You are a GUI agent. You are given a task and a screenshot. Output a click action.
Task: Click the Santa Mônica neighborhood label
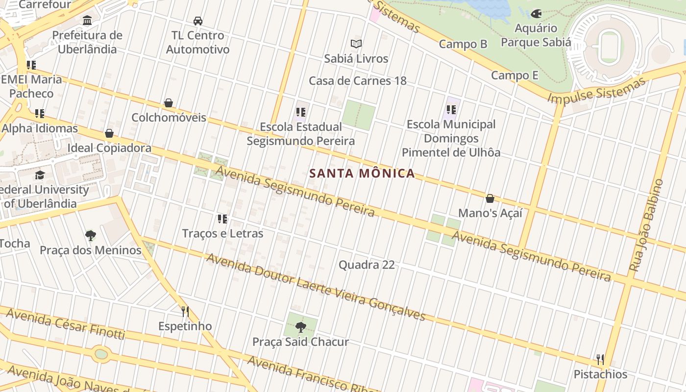[x=362, y=173]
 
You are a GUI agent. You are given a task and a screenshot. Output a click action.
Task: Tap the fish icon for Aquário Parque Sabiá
[x=536, y=14]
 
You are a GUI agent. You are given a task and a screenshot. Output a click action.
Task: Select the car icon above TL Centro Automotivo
[x=197, y=21]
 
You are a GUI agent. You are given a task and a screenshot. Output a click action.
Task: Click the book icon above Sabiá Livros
[x=356, y=44]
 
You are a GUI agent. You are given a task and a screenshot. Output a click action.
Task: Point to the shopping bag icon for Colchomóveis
[x=168, y=103]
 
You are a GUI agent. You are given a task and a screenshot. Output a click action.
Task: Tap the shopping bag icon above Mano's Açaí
[x=490, y=198]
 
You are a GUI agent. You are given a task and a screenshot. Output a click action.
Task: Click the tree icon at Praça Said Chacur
[x=300, y=327]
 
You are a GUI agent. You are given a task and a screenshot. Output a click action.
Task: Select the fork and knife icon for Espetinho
[x=185, y=312]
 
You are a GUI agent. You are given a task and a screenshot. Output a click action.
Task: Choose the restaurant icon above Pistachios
[x=600, y=360]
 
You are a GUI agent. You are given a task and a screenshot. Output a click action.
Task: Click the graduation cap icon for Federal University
[x=40, y=175]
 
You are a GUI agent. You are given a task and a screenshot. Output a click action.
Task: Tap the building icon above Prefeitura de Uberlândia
[x=87, y=21]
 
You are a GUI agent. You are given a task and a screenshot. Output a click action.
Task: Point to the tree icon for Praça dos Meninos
[x=90, y=236]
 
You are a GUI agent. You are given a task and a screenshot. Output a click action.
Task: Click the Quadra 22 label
[x=367, y=265]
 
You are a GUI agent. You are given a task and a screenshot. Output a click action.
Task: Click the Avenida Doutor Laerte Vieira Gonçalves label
[x=316, y=287]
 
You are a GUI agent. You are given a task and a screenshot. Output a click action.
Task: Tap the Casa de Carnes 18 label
[x=358, y=81]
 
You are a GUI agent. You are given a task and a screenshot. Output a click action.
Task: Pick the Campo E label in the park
[x=514, y=75]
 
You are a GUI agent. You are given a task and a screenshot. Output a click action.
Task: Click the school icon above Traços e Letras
[x=222, y=219]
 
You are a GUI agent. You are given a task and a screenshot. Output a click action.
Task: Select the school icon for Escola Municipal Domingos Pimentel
[x=451, y=110]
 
